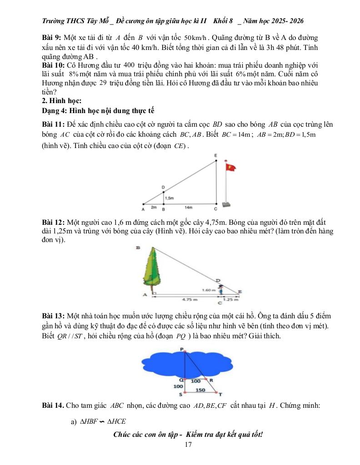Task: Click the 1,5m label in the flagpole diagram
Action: pos(170,198)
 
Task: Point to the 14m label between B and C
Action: pos(188,207)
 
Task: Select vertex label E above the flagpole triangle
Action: pos(215,155)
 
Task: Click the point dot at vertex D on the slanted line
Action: pos(164,192)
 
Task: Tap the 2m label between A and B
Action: pos(154,207)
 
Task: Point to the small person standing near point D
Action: pos(220,289)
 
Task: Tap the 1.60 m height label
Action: pos(209,289)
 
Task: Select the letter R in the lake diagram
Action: pos(211,380)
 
